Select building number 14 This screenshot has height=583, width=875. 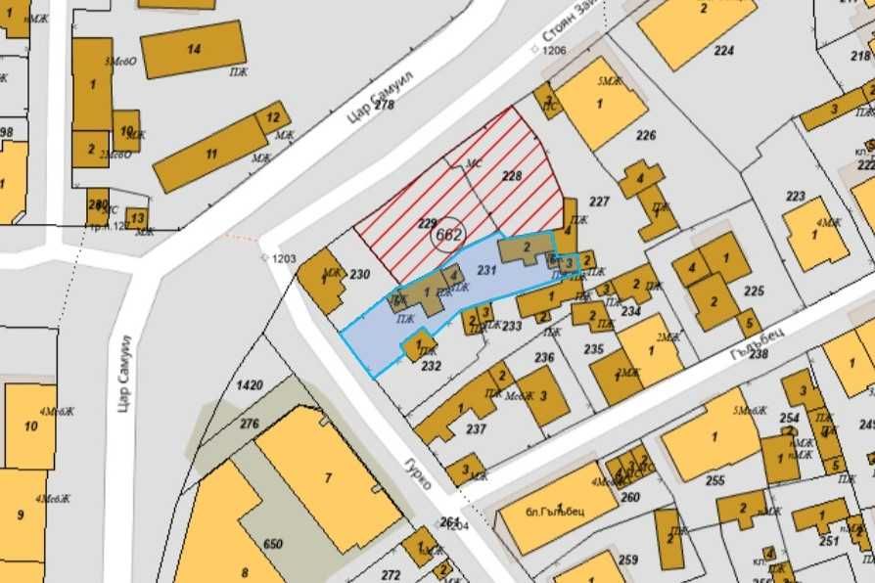coord(194,49)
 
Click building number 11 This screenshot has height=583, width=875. coord(210,154)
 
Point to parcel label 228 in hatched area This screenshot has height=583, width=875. coord(512,176)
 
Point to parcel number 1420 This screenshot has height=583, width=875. coord(250,385)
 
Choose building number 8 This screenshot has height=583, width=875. coord(246,573)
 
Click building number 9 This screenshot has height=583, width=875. coord(20,513)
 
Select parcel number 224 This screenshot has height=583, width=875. coord(723,50)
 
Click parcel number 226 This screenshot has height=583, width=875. coord(646,135)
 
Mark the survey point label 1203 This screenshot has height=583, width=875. coord(284,258)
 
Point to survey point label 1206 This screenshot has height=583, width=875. coord(554,50)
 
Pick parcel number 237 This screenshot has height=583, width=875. coord(476,428)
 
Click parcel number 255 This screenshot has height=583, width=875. coord(714,480)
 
